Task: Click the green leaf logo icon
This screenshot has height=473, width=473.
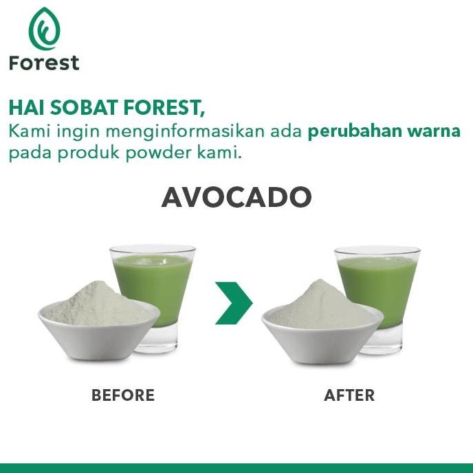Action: pyautogui.click(x=44, y=29)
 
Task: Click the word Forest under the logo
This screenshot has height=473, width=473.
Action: pyautogui.click(x=44, y=63)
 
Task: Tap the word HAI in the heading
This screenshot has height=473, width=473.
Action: pyautogui.click(x=25, y=109)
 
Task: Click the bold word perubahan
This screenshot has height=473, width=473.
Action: pyautogui.click(x=349, y=131)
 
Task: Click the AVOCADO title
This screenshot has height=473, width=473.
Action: pyautogui.click(x=236, y=198)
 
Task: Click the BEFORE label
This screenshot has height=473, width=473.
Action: pyautogui.click(x=123, y=395)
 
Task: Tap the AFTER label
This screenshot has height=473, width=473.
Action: pyautogui.click(x=349, y=395)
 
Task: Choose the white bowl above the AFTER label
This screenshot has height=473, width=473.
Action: pyautogui.click(x=320, y=340)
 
